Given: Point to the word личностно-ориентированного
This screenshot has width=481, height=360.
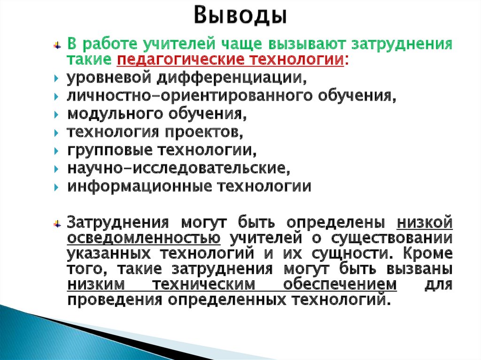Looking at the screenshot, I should pos(153,96).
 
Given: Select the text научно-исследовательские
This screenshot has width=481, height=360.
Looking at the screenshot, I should pos(176,169).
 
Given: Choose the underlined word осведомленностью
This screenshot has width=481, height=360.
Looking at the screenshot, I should pos(144,238).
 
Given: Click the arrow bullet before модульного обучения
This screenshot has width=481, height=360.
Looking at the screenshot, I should pos(56,115).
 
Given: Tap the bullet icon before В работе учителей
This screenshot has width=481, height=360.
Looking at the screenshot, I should pos(57,46).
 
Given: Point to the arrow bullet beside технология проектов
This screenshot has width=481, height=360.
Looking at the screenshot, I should pos(56,133).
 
